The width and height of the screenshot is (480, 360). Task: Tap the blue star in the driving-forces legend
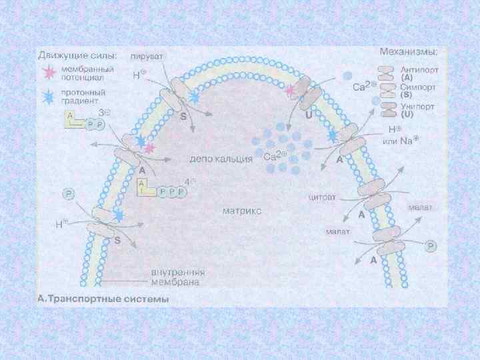coord(48,98)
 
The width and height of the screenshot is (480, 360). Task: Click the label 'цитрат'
coord(321,197)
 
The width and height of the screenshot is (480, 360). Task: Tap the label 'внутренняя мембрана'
coord(177,277)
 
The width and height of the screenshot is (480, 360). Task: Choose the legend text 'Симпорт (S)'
coord(417,91)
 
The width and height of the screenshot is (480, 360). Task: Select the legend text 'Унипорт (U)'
coord(417,109)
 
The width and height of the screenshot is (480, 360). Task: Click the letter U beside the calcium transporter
coord(309,115)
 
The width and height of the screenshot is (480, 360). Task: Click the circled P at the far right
coord(432,247)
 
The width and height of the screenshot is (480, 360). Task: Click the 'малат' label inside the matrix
coord(338,232)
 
